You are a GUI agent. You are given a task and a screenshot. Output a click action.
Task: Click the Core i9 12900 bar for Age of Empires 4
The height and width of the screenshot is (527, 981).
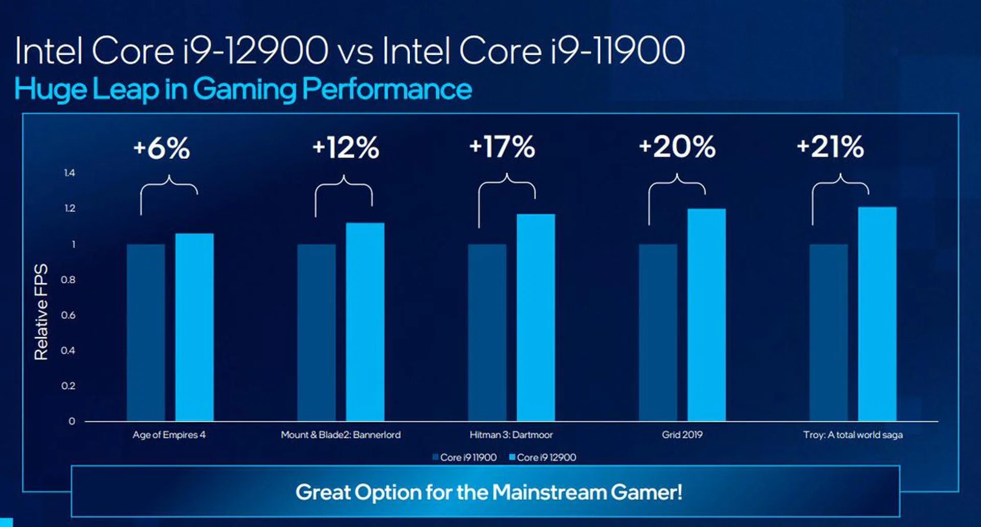click(x=194, y=327)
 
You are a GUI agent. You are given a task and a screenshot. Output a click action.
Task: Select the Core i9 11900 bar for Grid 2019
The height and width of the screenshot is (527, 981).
click(x=658, y=332)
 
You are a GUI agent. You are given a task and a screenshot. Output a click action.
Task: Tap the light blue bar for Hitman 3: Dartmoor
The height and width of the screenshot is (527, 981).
click(x=535, y=317)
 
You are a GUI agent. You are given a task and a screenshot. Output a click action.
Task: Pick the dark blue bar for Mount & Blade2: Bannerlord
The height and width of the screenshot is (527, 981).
click(x=316, y=332)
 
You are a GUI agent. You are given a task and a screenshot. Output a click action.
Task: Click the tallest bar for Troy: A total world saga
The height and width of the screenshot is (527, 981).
click(x=877, y=314)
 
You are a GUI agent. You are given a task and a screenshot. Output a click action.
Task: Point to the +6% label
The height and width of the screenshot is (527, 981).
click(x=161, y=148)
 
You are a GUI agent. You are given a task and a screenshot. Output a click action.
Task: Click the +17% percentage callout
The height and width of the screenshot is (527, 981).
click(x=502, y=147)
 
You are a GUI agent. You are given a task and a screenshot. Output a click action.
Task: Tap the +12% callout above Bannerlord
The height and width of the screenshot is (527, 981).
click(x=345, y=147)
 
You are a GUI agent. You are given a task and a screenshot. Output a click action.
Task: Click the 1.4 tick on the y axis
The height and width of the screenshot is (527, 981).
click(x=69, y=173)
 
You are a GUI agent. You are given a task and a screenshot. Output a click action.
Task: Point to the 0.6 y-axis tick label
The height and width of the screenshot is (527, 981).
click(x=68, y=315)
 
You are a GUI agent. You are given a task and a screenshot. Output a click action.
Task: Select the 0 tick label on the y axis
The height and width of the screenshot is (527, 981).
click(x=72, y=421)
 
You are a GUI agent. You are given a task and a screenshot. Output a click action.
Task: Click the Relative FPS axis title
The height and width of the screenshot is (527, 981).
click(x=41, y=312)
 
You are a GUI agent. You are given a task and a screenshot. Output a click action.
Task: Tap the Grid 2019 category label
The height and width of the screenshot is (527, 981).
click(x=682, y=435)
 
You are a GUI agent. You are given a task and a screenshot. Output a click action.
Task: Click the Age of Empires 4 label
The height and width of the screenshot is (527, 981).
click(x=169, y=435)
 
